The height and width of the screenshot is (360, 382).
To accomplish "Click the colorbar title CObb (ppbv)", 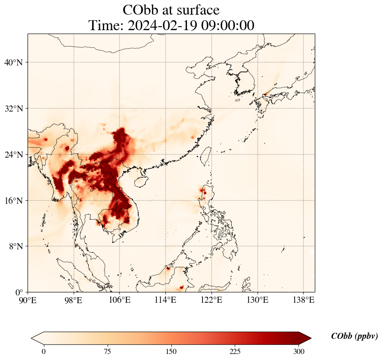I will tap(354, 336).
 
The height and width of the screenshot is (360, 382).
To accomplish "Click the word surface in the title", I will tap(196, 10).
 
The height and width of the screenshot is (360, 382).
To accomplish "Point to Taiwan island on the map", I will tap(205, 155).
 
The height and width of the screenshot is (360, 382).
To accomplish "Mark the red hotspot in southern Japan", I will tap(266, 94).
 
